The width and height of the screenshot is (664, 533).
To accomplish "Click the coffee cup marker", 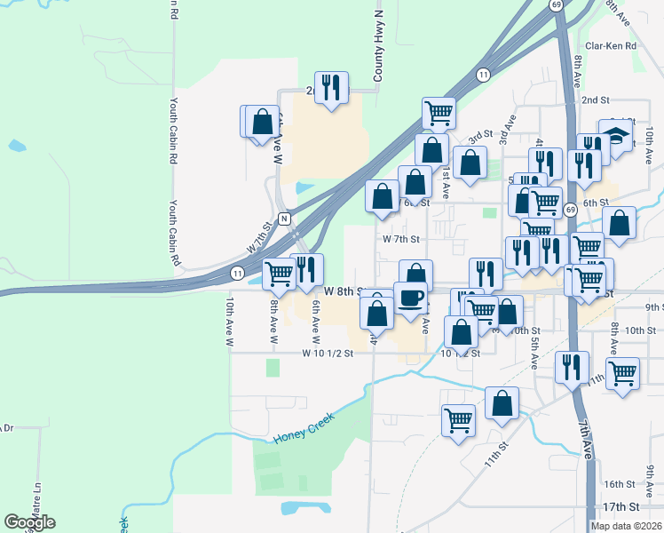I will click(410, 298).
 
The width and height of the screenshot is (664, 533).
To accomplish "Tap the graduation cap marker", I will click(615, 135).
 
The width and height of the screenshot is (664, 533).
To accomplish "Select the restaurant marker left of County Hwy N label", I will click(332, 87).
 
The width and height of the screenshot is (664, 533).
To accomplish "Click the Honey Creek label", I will click(304, 433).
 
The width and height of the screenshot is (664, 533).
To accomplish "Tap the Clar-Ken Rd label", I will click(611, 46).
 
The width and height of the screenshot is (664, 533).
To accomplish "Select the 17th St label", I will click(621, 506).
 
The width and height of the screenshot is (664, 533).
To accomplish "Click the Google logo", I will click(30, 522).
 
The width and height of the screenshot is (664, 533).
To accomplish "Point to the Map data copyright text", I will click(627, 526).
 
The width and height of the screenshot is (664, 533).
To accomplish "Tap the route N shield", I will click(284, 219).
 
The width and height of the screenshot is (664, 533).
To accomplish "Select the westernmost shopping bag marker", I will click(262, 122).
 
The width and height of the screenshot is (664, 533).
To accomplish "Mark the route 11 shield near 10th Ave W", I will click(237, 273).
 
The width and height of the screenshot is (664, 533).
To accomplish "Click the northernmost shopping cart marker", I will click(439, 113).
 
